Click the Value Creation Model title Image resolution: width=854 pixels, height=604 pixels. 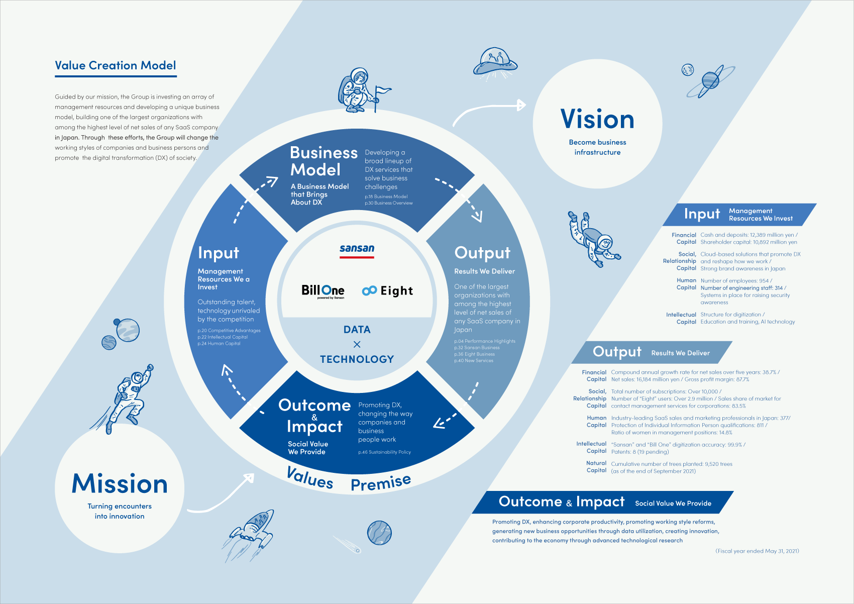click(x=115, y=65)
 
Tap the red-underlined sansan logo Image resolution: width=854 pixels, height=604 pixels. click(x=357, y=251)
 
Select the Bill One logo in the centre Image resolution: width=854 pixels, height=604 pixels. click(x=323, y=291)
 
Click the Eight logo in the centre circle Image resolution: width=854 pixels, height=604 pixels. click(x=387, y=291)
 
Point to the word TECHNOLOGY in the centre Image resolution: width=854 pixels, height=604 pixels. click(x=357, y=359)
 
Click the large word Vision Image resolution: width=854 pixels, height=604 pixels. click(x=597, y=119)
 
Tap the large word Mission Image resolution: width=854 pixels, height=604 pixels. click(x=120, y=483)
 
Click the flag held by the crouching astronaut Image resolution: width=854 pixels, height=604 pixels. click(x=383, y=91)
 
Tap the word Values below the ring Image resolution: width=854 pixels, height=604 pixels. click(x=309, y=477)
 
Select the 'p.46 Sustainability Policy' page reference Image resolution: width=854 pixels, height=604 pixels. click(x=385, y=452)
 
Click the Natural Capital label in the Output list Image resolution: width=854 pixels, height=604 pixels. click(x=596, y=467)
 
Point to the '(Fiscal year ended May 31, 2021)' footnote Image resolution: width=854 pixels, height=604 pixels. click(x=757, y=551)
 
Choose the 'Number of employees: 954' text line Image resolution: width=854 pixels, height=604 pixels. click(x=736, y=281)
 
